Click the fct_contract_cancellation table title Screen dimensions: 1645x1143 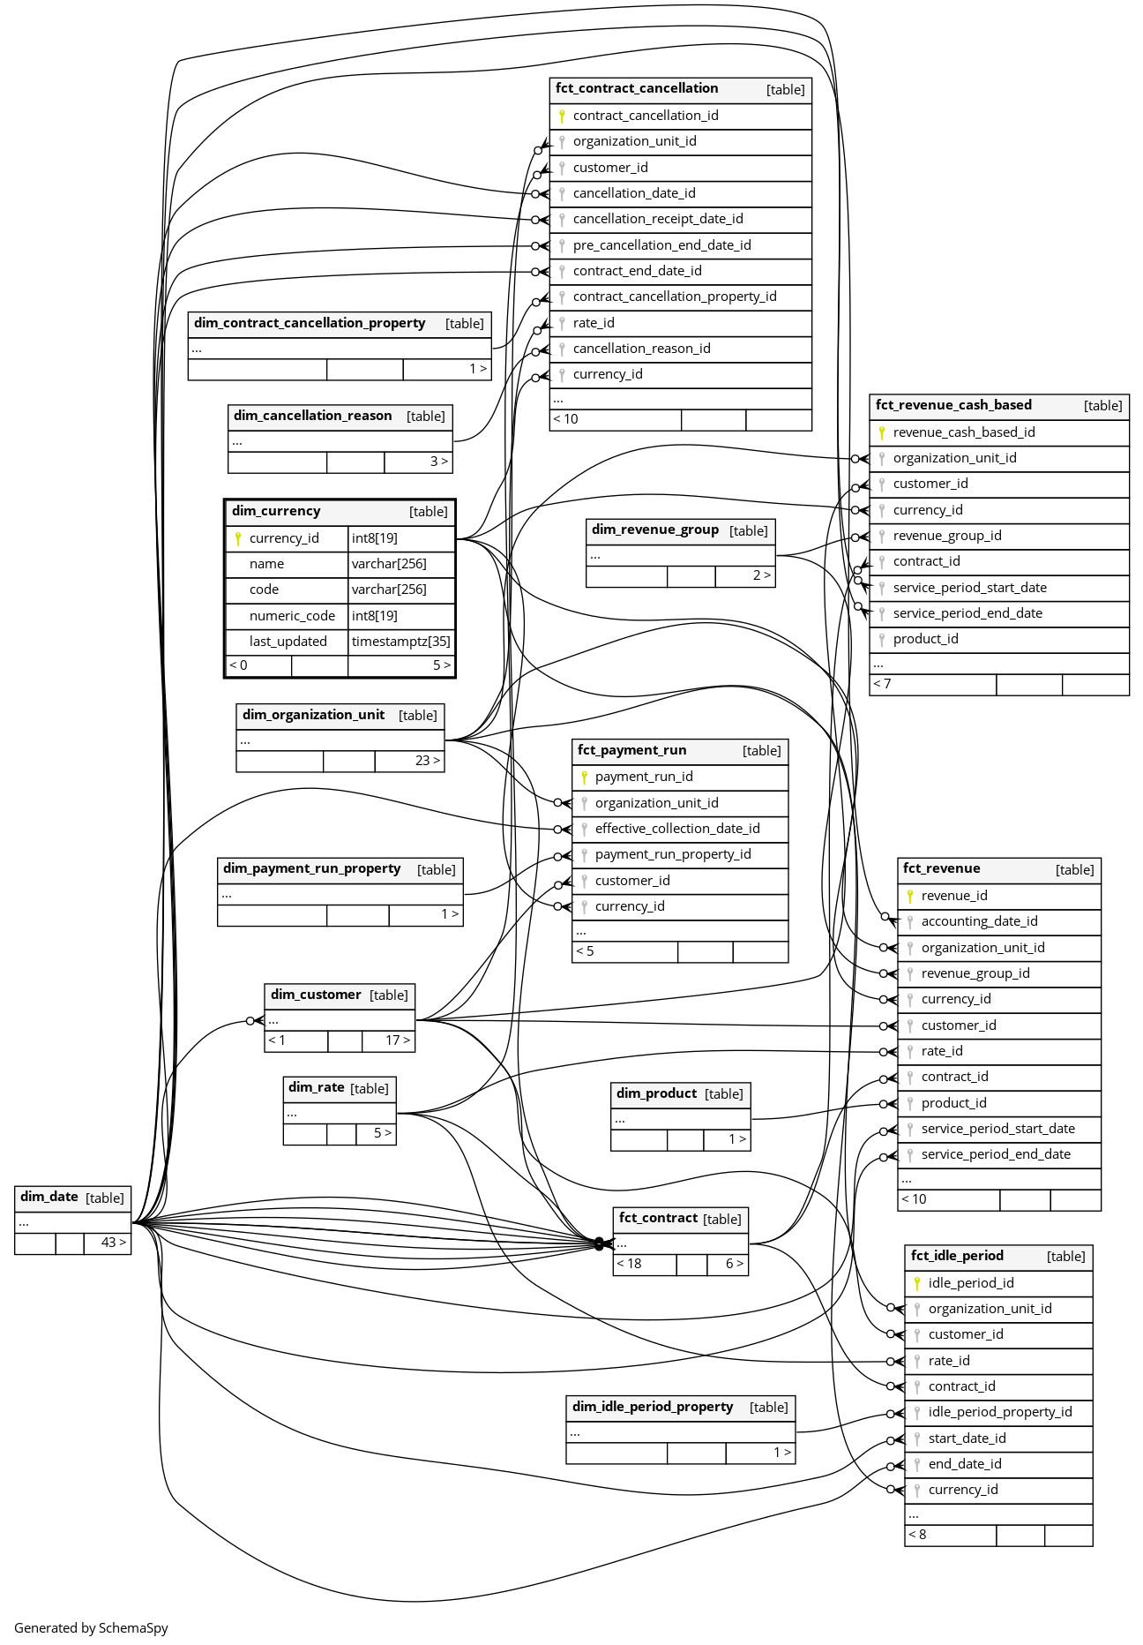pos(636,88)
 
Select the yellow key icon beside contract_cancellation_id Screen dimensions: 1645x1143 pos(562,116)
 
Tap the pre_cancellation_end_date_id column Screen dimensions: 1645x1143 pos(661,245)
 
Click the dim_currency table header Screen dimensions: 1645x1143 pos(276,511)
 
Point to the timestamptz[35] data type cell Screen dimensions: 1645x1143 pos(400,642)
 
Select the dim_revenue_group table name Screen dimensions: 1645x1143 pos(654,530)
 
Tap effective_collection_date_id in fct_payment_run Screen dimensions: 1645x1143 pos(676,829)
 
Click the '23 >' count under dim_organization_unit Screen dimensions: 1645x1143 pos(427,761)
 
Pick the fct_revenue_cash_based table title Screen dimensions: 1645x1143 pos(953,405)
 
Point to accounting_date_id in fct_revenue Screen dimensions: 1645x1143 pos(979,921)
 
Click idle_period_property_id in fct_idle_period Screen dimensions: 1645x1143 pos(999,1412)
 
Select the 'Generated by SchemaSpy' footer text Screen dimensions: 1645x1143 pos(91,1628)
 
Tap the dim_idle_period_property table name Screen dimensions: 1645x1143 pos(653,1407)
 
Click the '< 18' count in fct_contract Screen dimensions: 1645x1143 pos(629,1264)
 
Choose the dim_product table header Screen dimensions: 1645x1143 pos(656,1093)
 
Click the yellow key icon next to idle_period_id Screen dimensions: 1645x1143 pos(917,1283)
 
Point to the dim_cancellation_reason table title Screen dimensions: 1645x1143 pos(312,416)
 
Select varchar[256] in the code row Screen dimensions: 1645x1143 pos(389,590)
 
